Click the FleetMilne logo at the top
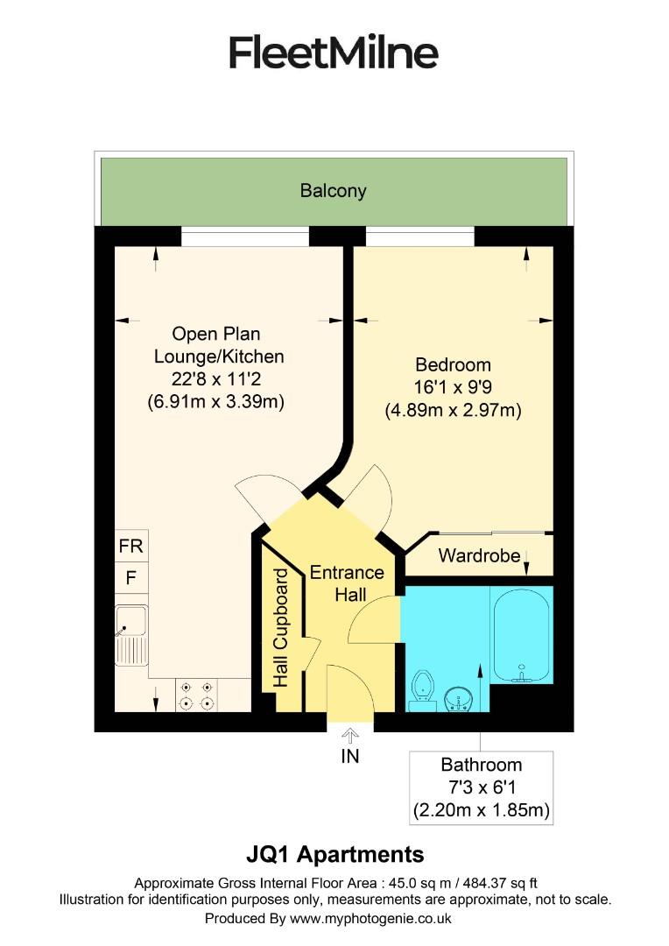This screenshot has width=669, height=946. [334, 53]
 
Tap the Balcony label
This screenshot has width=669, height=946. [333, 190]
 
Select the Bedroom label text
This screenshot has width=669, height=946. [453, 364]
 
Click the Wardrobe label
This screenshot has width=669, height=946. [479, 555]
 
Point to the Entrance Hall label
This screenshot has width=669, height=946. [347, 583]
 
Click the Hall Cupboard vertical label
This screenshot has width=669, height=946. [280, 626]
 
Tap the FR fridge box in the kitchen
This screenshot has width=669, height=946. [130, 546]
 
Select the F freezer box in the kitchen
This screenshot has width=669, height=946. [130, 578]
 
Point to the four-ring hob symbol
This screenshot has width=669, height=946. [196, 695]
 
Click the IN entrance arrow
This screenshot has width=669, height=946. [350, 734]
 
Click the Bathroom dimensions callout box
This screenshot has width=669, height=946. [482, 787]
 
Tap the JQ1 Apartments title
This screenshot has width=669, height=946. [334, 854]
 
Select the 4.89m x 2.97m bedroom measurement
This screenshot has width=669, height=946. [453, 410]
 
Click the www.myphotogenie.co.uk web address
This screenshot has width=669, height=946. [370, 919]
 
